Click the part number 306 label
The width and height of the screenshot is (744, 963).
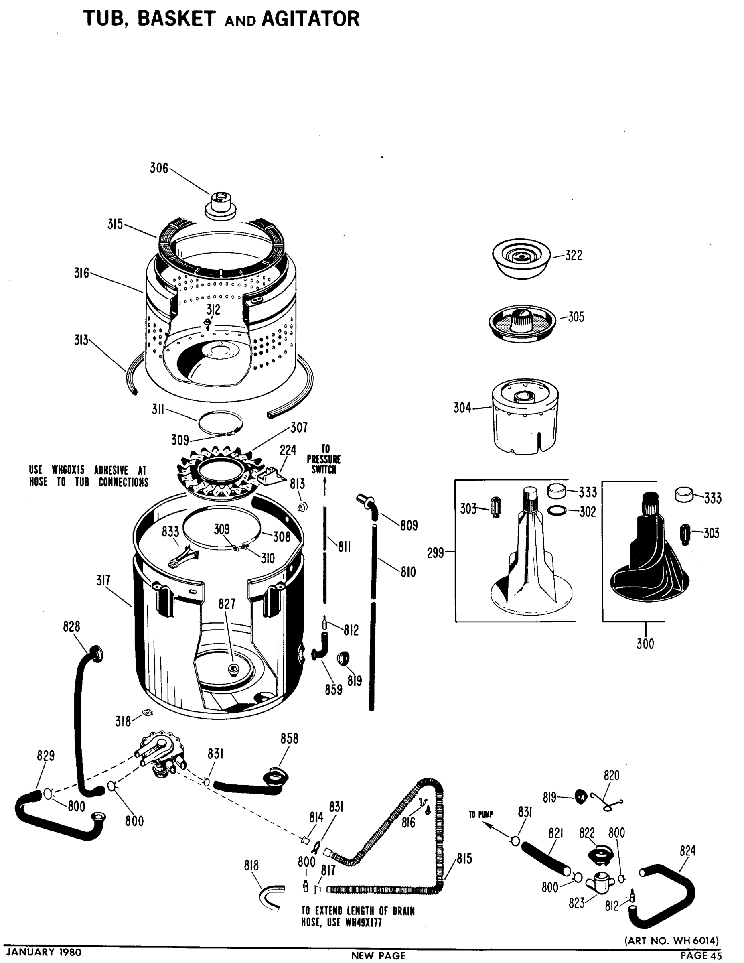(x=159, y=168)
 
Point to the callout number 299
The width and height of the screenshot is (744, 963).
(x=436, y=553)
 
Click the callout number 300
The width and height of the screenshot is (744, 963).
(x=645, y=644)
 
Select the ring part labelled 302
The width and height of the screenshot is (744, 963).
(x=557, y=511)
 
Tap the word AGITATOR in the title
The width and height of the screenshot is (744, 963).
(x=310, y=19)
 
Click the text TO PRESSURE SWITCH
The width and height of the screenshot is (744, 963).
(x=324, y=459)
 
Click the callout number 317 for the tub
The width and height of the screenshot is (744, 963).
(x=103, y=580)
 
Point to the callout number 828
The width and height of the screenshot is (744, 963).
(x=71, y=627)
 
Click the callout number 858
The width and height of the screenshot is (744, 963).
(x=289, y=739)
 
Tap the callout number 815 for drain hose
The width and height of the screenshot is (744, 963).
(x=464, y=859)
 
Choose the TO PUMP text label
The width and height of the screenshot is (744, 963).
(x=481, y=815)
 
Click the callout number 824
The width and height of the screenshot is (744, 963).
(x=687, y=851)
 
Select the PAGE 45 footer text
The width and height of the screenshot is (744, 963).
(x=701, y=955)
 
